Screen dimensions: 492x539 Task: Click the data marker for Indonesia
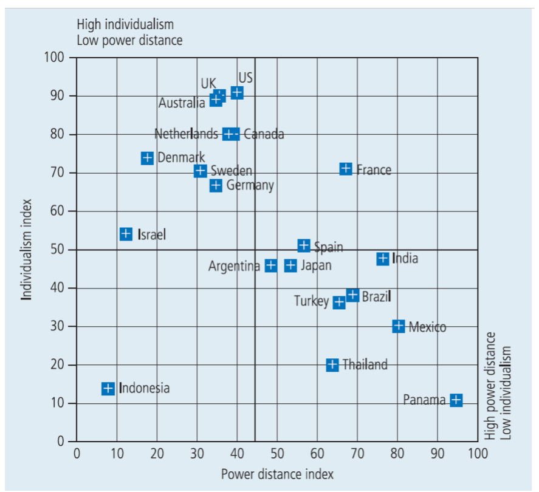click(x=108, y=388)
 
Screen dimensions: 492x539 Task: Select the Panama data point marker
click(x=456, y=400)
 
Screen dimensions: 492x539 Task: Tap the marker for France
click(x=346, y=169)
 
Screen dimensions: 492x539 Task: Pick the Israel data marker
click(x=126, y=234)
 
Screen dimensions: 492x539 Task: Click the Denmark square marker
click(x=147, y=158)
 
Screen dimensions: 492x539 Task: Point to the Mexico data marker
click(x=398, y=326)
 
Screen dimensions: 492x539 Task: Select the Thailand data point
click(x=332, y=364)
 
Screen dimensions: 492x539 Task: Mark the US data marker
click(x=237, y=92)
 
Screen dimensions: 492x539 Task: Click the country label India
click(x=405, y=258)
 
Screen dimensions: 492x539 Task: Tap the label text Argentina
click(x=234, y=266)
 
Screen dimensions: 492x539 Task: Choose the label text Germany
click(x=250, y=185)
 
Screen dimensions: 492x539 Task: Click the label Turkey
click(x=311, y=301)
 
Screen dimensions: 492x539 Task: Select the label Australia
click(x=182, y=103)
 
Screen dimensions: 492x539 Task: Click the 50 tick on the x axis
click(x=277, y=453)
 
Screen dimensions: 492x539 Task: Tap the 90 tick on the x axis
click(x=438, y=453)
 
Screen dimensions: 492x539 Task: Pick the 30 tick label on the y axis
click(x=58, y=326)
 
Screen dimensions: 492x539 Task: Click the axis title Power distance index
click(x=277, y=474)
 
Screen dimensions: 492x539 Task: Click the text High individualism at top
click(x=125, y=24)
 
